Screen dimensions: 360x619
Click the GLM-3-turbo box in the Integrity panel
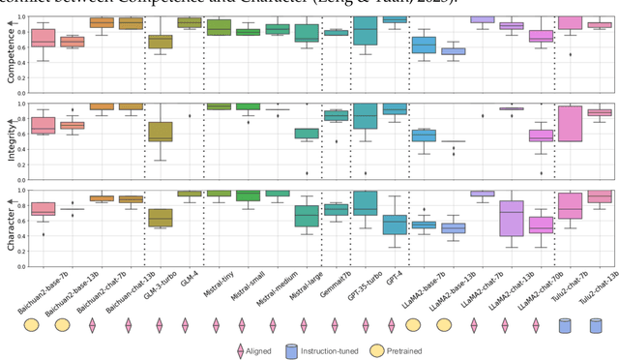[x=161, y=132]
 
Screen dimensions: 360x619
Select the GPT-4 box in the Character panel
[x=394, y=225]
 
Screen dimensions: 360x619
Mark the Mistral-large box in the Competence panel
[x=307, y=34]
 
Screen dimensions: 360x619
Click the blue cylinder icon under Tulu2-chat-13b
[x=597, y=325]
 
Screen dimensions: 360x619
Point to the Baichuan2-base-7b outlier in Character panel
[x=43, y=234]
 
